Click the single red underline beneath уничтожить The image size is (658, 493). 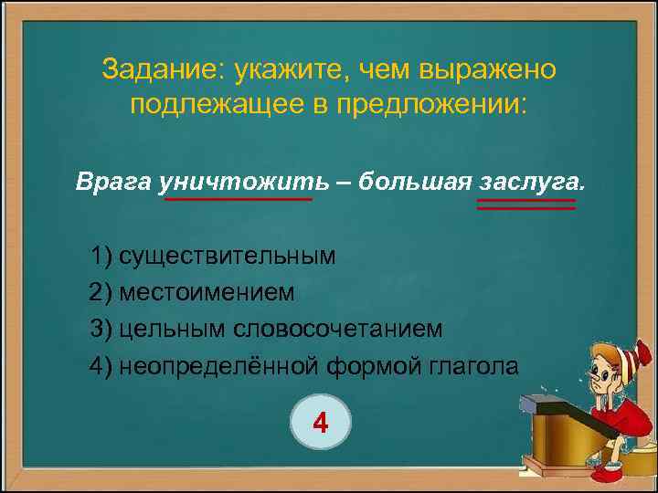click(238, 200)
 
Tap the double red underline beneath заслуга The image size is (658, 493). click(526, 205)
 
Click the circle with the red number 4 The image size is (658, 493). click(320, 424)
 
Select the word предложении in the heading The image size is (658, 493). click(430, 103)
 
